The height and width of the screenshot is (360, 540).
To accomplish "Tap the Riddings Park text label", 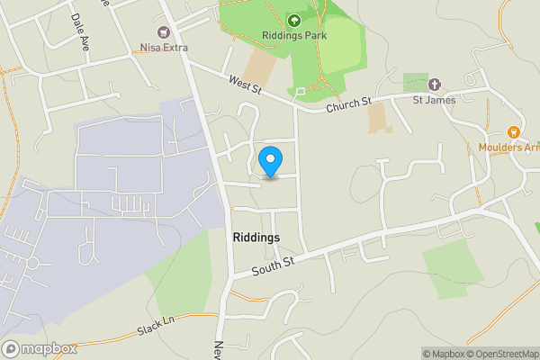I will point(293,35).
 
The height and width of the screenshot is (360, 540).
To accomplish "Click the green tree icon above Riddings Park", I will point(293,20).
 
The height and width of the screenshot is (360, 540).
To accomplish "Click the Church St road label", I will point(348,104).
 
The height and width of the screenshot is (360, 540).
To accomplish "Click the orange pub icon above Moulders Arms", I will point(513,132).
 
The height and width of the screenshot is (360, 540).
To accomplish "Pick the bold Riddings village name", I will point(256,237).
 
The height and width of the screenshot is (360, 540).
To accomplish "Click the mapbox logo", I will point(40,348).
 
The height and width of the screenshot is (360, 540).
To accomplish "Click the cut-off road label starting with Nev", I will point(219,346).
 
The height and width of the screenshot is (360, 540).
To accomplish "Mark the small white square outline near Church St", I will point(301,92).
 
